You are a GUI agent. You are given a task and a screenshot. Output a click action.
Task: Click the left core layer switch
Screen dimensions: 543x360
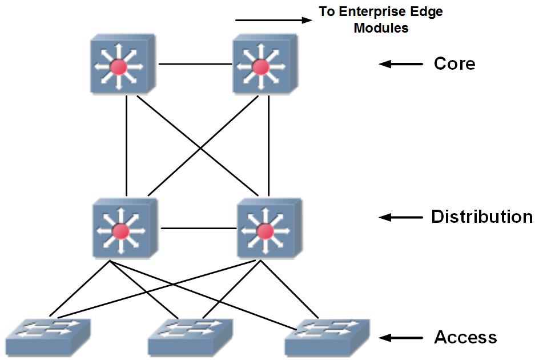123,64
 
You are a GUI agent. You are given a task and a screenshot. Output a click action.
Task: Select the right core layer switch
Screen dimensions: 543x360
265,64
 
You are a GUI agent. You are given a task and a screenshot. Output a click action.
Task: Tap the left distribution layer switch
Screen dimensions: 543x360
125,228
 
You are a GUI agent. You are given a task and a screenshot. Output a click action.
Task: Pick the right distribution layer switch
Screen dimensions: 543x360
270,228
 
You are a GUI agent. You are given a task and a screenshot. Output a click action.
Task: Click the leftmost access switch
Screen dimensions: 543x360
48,338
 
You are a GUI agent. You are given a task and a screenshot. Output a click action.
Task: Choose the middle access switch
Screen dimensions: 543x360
190,338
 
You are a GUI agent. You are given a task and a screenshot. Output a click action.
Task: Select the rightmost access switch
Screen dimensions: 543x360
327,338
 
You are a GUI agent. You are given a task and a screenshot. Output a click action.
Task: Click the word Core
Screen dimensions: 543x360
454,64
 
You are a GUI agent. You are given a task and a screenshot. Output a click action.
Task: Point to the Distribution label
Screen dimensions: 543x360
482,217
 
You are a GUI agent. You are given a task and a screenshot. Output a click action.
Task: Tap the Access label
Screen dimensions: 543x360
465,337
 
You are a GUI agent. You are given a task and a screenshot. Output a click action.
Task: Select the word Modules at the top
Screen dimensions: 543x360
381,28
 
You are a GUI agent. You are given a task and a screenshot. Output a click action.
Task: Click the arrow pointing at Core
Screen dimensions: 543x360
401,64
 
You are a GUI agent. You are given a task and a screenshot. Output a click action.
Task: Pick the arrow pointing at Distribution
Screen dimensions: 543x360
401,217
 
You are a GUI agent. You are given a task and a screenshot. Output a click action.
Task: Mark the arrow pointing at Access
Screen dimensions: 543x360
401,338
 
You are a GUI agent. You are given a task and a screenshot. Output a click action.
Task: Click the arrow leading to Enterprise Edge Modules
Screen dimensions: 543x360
273,20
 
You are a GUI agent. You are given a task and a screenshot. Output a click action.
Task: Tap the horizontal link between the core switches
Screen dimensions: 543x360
195,64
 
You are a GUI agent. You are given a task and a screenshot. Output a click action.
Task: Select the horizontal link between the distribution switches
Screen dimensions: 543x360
199,229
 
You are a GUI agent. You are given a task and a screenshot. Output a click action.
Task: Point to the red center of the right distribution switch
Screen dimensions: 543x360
266,231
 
